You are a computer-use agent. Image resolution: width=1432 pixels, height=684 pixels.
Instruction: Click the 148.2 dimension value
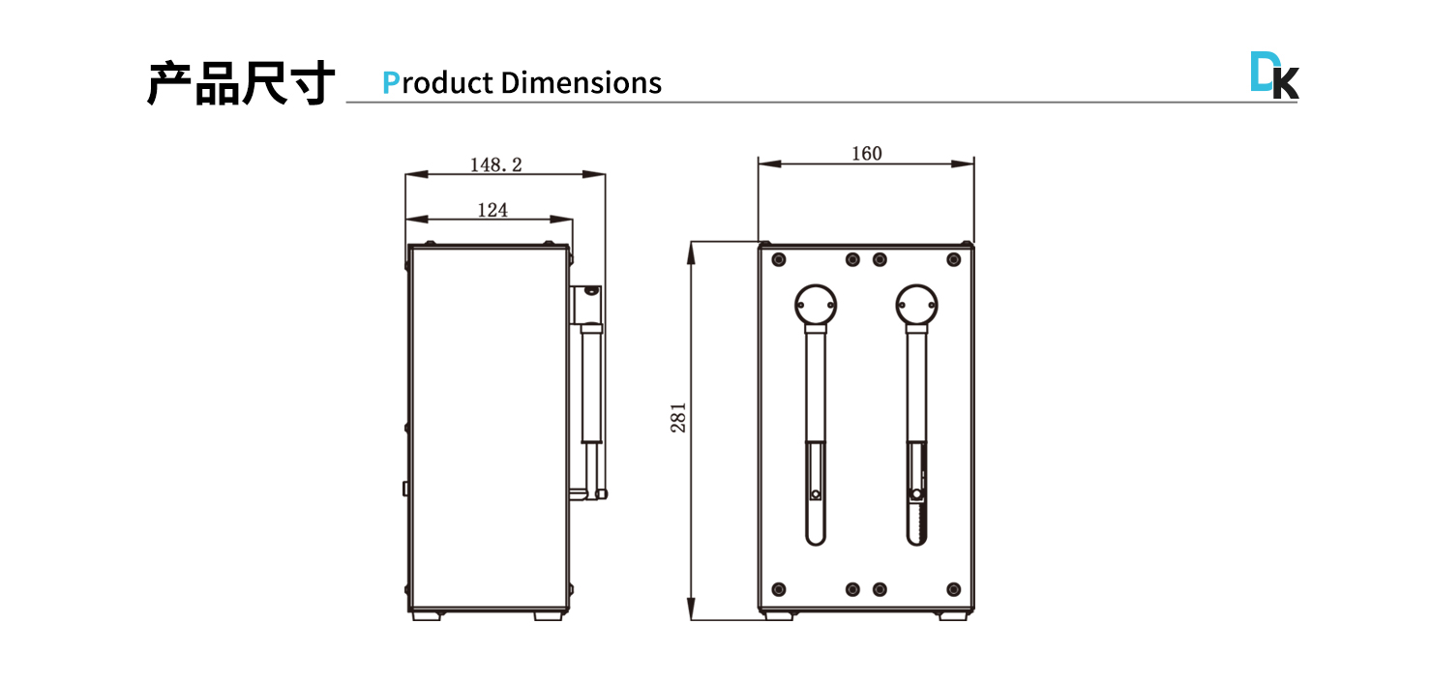pyautogui.click(x=496, y=164)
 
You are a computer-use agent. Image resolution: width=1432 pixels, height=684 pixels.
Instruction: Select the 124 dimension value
pyautogui.click(x=492, y=210)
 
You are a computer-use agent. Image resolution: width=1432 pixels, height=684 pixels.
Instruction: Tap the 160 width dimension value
pyautogui.click(x=866, y=154)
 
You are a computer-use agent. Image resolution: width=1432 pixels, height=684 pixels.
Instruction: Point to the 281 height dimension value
pyautogui.click(x=678, y=417)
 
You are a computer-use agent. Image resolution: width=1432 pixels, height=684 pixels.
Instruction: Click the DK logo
pyautogui.click(x=1274, y=75)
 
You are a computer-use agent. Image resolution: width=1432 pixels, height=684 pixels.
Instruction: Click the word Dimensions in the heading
pyautogui.click(x=582, y=83)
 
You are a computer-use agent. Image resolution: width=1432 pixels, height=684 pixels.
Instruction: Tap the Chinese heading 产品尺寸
pyautogui.click(x=241, y=83)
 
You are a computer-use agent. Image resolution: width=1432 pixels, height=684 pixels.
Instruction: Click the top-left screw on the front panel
pyautogui.click(x=779, y=259)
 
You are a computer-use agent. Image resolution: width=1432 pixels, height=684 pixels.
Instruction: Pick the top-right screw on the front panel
pyautogui.click(x=954, y=259)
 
